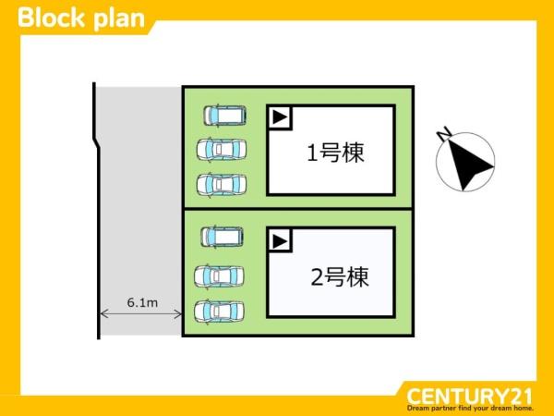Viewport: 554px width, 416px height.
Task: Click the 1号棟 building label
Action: click(335, 153)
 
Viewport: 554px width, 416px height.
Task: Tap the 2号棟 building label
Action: click(340, 276)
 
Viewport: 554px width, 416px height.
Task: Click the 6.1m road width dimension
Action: click(142, 303)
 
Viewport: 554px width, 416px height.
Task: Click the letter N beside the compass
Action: click(444, 133)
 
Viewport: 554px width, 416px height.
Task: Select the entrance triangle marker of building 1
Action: click(280, 117)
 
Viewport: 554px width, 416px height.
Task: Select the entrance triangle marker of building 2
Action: click(280, 241)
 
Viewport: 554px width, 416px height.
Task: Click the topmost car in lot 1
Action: click(224, 116)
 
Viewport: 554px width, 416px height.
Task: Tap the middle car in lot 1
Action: click(222, 150)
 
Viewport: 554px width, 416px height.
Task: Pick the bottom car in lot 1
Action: click(222, 184)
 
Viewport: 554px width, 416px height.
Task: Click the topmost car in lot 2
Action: click(222, 237)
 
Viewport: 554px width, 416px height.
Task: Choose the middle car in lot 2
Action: click(219, 275)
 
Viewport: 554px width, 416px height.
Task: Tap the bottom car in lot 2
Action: click(219, 311)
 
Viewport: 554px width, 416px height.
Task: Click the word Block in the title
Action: click(52, 18)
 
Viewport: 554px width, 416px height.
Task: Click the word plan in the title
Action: click(119, 19)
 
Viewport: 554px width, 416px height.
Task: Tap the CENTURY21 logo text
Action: click(470, 396)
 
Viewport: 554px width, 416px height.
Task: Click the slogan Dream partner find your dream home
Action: click(470, 409)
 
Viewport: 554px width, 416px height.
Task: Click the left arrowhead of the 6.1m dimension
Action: click(103, 313)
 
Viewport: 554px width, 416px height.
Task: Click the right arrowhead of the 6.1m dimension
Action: click(179, 313)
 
